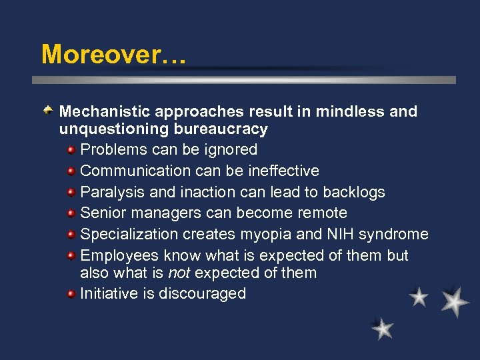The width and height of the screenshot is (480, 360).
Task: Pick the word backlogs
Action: tap(354, 192)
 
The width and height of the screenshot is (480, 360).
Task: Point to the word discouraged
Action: tap(203, 294)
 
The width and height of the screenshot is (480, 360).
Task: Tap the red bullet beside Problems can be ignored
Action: tap(71, 149)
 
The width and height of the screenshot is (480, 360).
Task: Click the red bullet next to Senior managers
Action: tap(71, 213)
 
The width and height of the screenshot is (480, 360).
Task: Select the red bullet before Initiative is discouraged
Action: tap(71, 293)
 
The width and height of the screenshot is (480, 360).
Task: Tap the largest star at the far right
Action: tap(454, 301)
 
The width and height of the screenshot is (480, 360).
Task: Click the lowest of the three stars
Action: tap(383, 328)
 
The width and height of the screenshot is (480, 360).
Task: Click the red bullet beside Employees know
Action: tap(71, 255)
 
